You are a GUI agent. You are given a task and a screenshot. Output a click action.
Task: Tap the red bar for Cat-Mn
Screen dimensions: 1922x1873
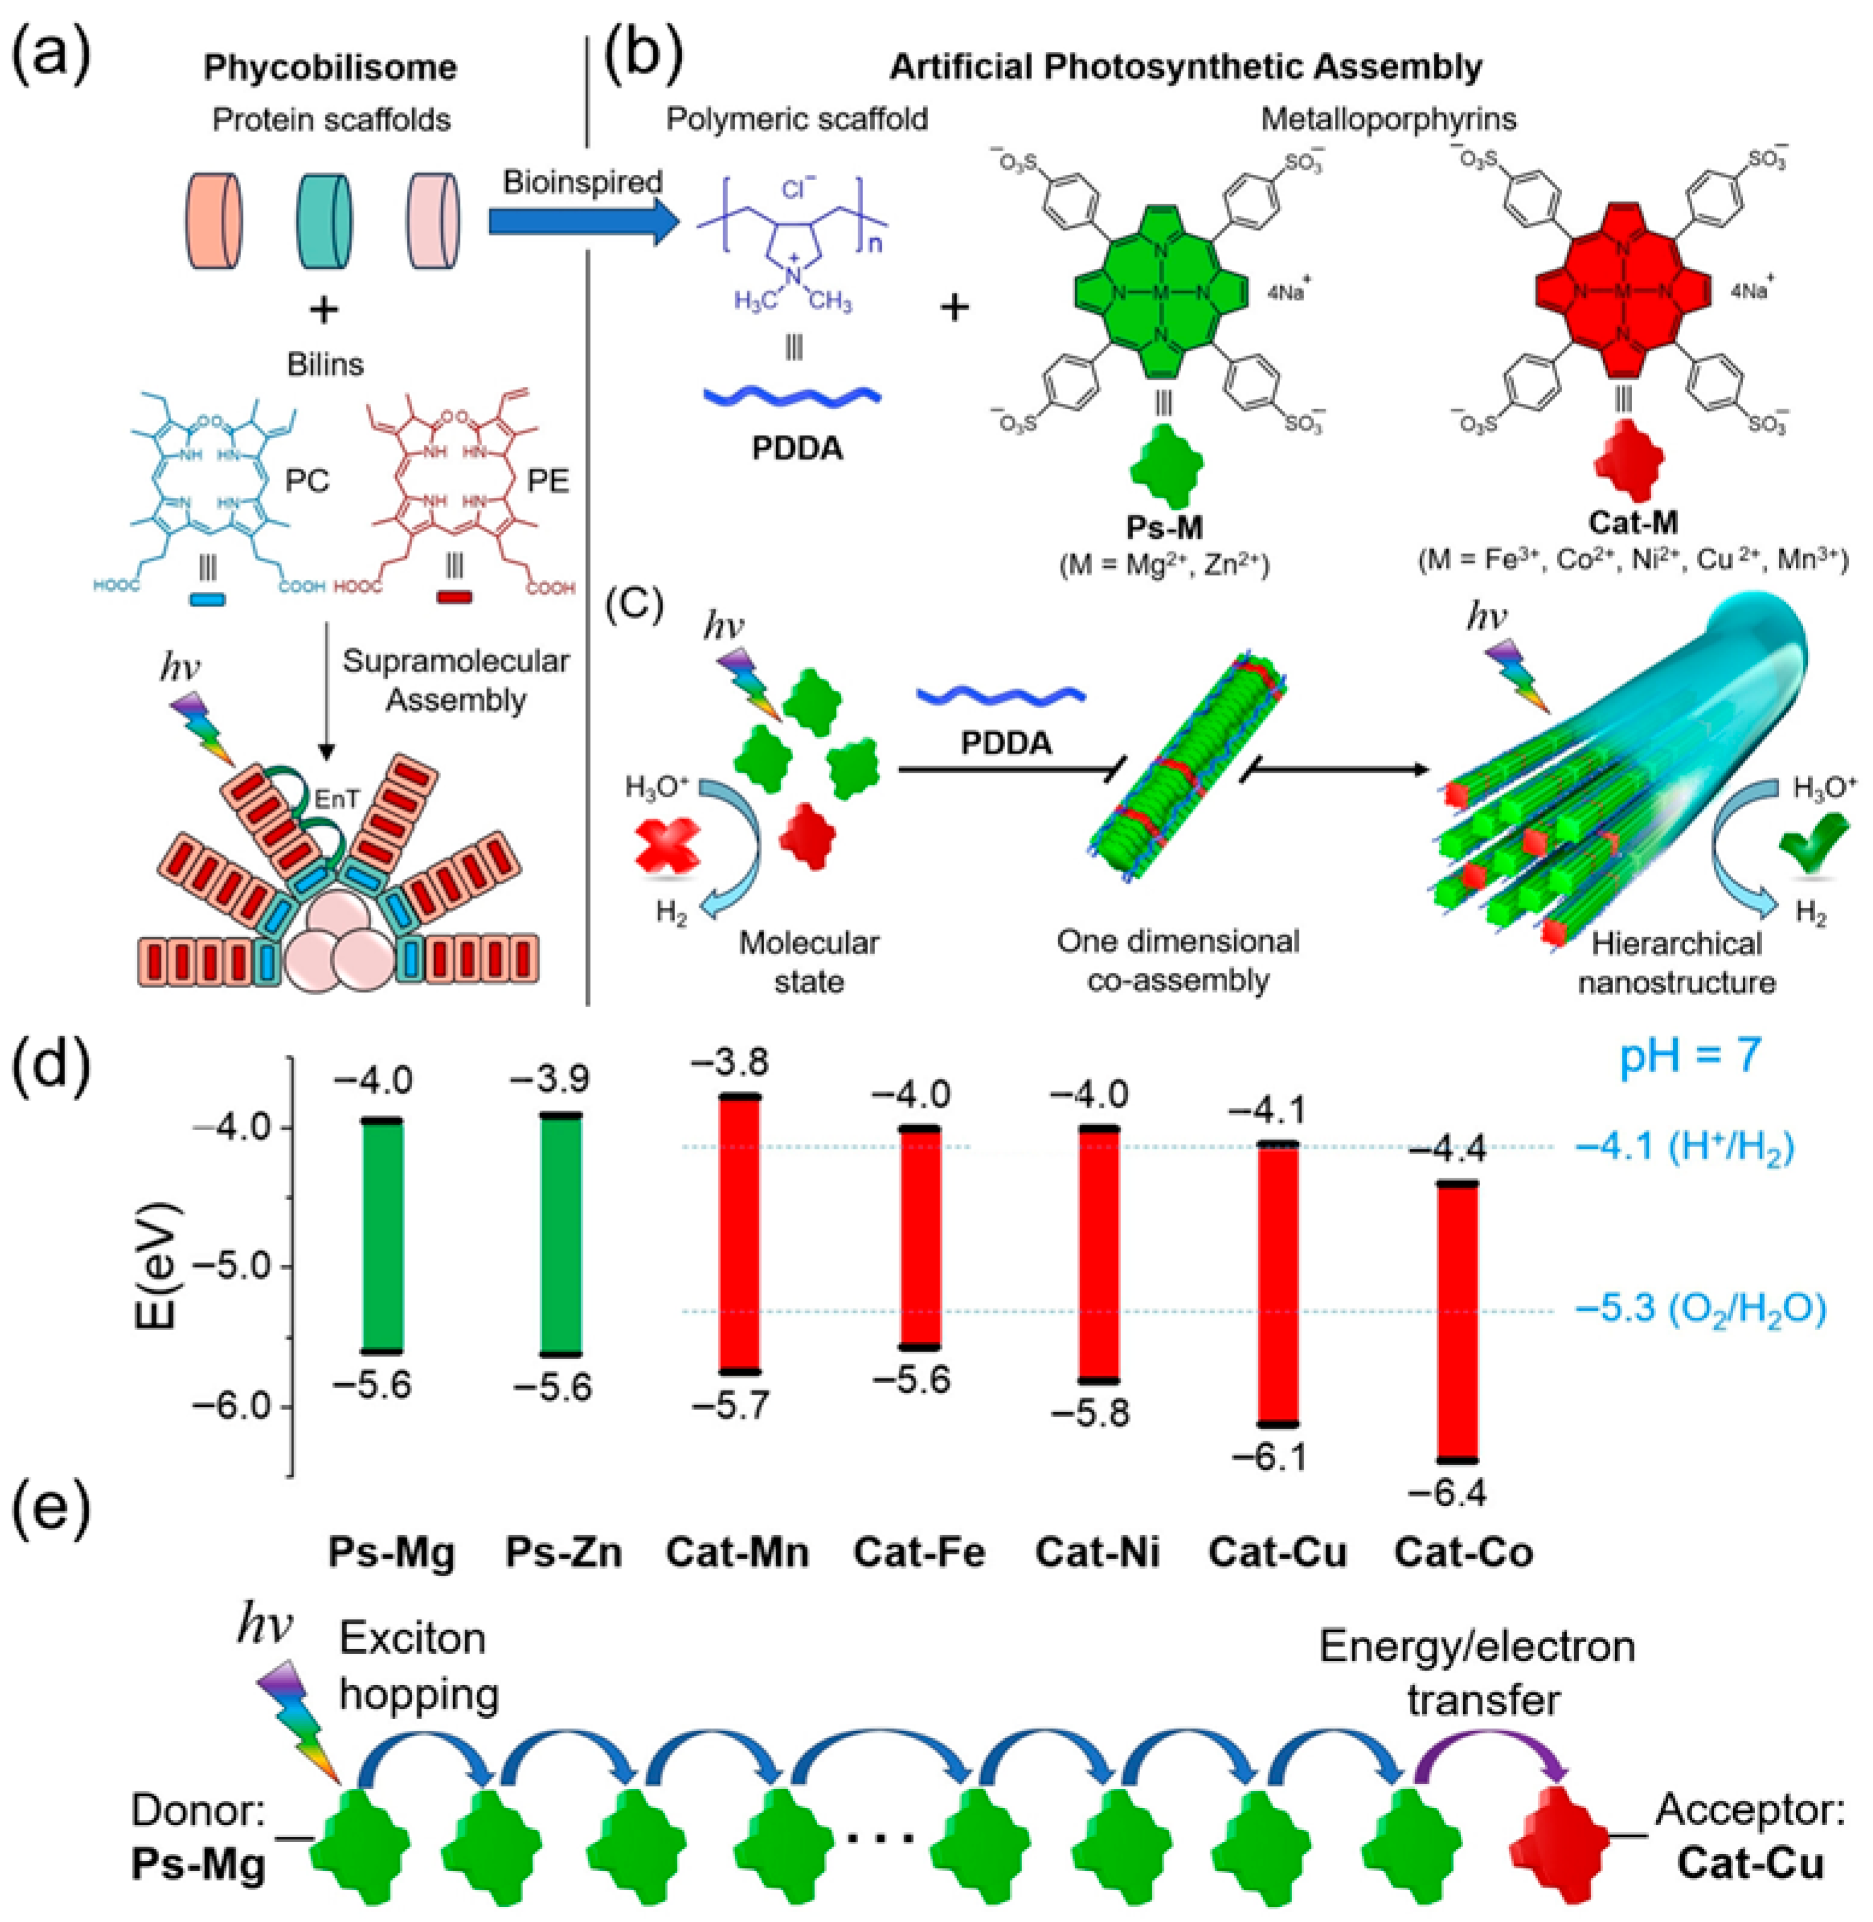[x=740, y=1234]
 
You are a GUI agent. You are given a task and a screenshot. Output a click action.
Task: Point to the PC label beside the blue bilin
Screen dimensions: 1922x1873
[x=307, y=481]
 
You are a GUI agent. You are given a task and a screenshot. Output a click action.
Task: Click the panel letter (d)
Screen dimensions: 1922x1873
[x=51, y=1075]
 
